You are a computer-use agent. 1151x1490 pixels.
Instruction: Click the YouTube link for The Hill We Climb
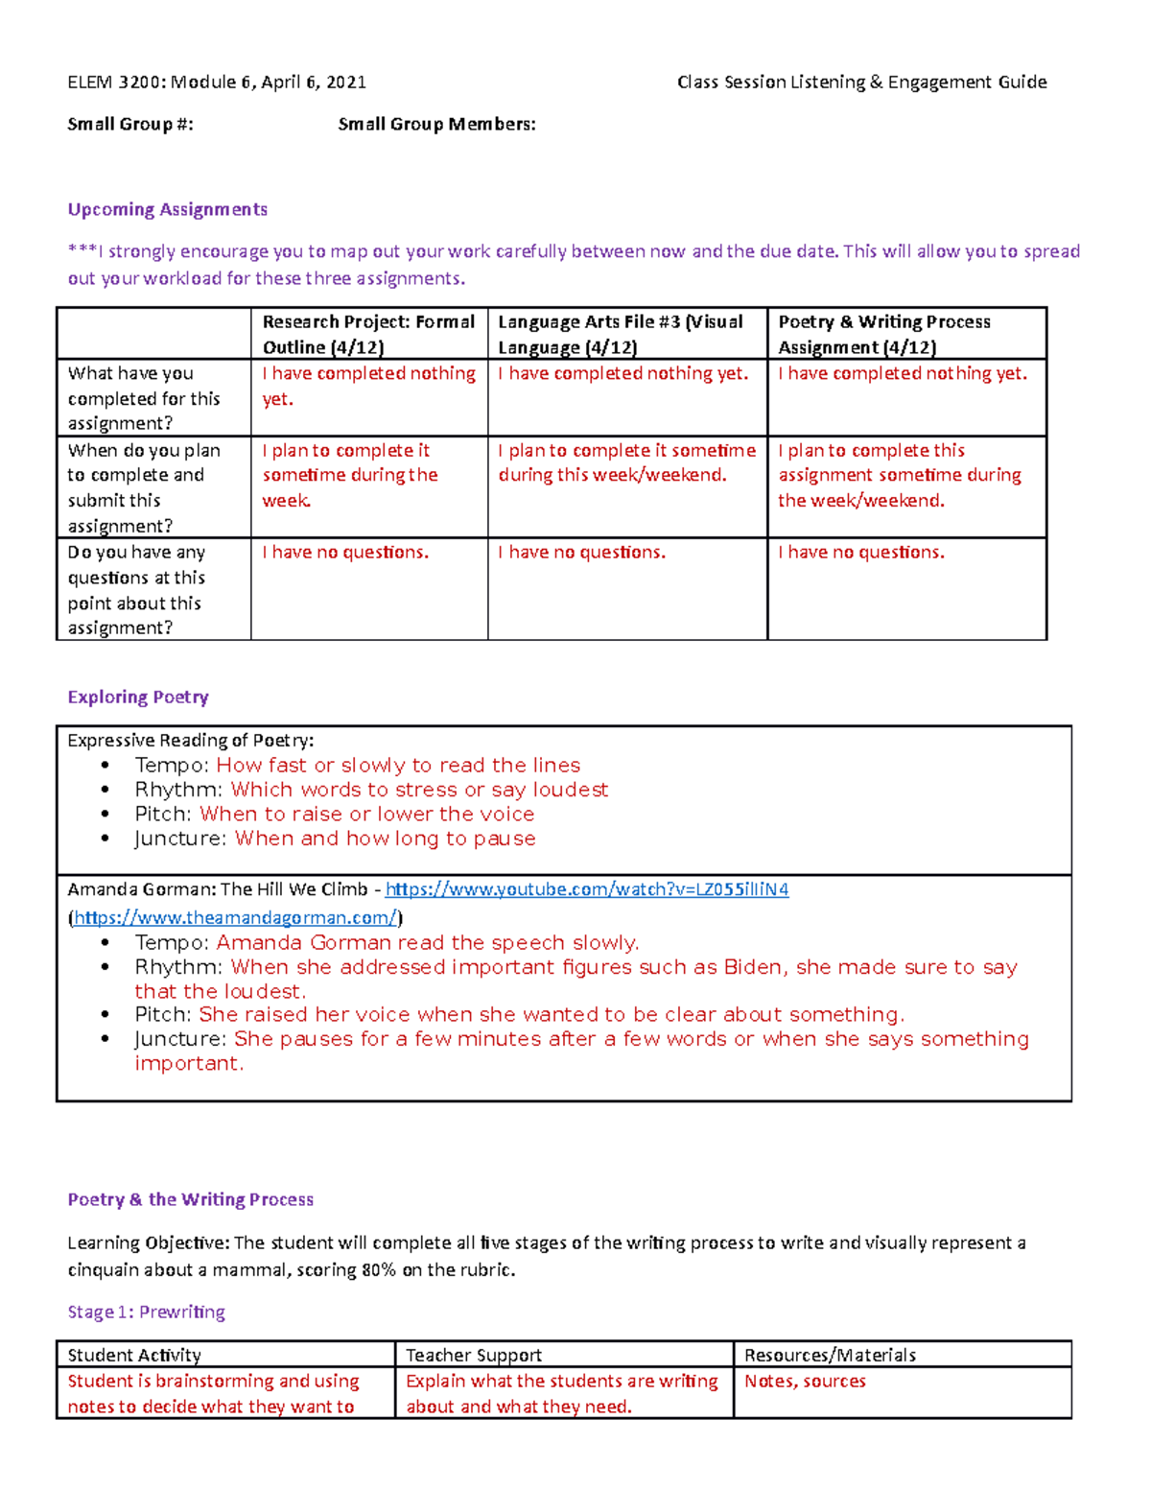(586, 889)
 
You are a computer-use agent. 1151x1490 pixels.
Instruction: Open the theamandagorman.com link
(235, 917)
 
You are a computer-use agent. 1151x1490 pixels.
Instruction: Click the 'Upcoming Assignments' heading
(167, 209)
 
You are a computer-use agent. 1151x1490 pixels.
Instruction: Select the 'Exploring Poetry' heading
(138, 697)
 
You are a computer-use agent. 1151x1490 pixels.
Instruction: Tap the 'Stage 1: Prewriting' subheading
(146, 1312)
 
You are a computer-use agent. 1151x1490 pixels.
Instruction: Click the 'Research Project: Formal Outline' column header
(368, 334)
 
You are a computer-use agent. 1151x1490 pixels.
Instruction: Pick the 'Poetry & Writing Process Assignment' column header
(883, 334)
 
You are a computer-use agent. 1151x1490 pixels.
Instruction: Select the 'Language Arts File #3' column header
(620, 334)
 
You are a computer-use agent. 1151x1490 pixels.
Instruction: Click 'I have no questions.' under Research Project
(345, 552)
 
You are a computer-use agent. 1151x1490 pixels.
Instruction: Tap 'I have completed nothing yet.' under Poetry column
(902, 373)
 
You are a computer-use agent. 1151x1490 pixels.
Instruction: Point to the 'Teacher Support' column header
(473, 1355)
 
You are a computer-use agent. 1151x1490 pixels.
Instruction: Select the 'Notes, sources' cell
(805, 1381)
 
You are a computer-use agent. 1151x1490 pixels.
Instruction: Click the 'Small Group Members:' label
(436, 124)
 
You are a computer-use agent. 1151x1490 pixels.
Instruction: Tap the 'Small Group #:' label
(130, 124)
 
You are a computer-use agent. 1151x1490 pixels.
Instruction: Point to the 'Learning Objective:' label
(149, 1242)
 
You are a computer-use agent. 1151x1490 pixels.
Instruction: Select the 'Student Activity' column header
(134, 1355)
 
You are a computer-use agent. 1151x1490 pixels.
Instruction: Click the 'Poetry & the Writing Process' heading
(190, 1199)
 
